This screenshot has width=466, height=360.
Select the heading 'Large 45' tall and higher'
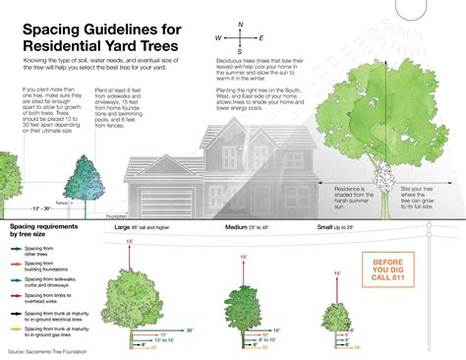pyautogui.click(x=155, y=228)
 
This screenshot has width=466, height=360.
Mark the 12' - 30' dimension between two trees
pyautogui.click(x=40, y=209)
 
